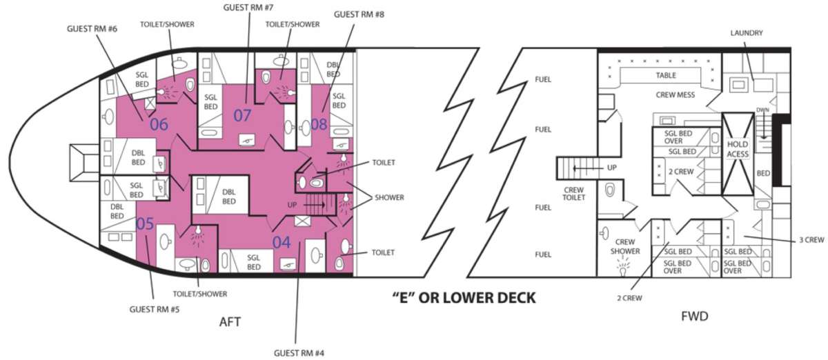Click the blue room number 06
(159, 124)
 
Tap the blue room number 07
(242, 116)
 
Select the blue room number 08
(319, 124)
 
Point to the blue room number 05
(145, 223)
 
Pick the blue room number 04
(282, 243)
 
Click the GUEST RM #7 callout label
(248, 8)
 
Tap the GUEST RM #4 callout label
(299, 353)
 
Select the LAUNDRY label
(747, 33)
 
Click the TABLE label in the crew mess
(666, 75)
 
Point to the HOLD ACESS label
(738, 149)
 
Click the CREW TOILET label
(573, 194)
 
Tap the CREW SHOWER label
(625, 246)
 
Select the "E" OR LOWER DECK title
(464, 297)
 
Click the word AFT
(230, 321)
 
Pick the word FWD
(695, 317)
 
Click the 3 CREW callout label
(811, 240)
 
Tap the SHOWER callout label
(389, 197)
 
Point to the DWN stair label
(762, 110)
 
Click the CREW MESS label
(676, 95)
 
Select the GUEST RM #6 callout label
(92, 29)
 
